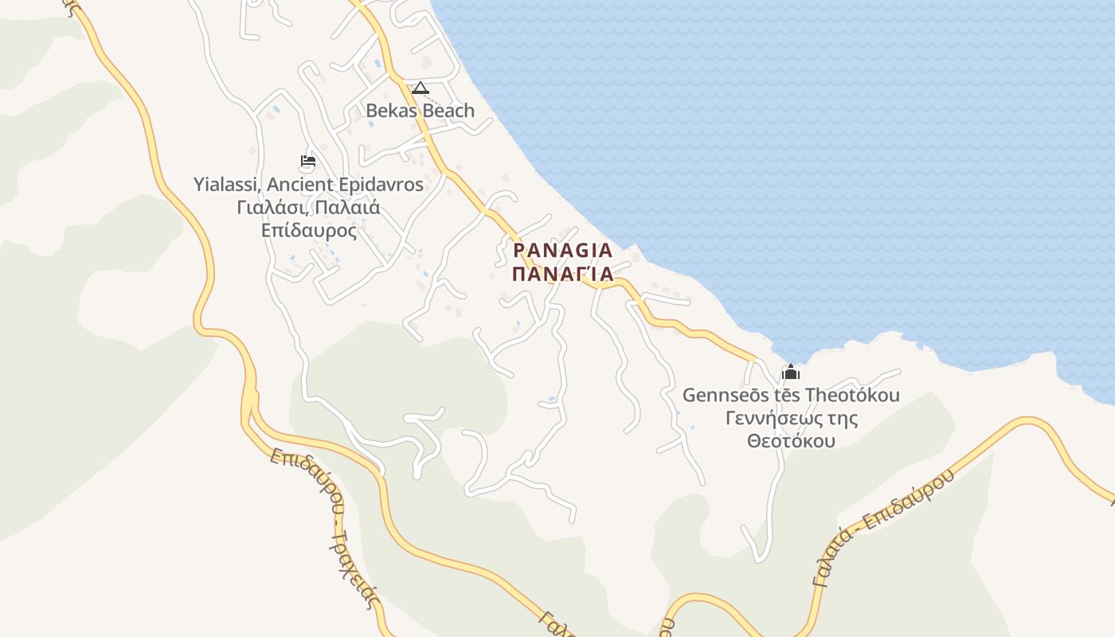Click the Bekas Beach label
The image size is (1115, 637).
pos(420,111)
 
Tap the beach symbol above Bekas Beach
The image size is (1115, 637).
pos(421,88)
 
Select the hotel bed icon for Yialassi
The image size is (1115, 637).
pos(308,161)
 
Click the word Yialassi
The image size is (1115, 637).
pos(226,185)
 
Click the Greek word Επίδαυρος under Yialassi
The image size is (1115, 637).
pos(308,231)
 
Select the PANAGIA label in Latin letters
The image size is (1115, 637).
pos(563,251)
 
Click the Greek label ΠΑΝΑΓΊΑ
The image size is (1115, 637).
pos(563,275)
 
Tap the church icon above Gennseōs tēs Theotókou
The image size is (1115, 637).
pos(791,372)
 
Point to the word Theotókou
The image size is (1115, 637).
pos(852,395)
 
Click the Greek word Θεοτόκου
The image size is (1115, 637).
pos(791,440)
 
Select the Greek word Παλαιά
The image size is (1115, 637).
pos(346,208)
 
